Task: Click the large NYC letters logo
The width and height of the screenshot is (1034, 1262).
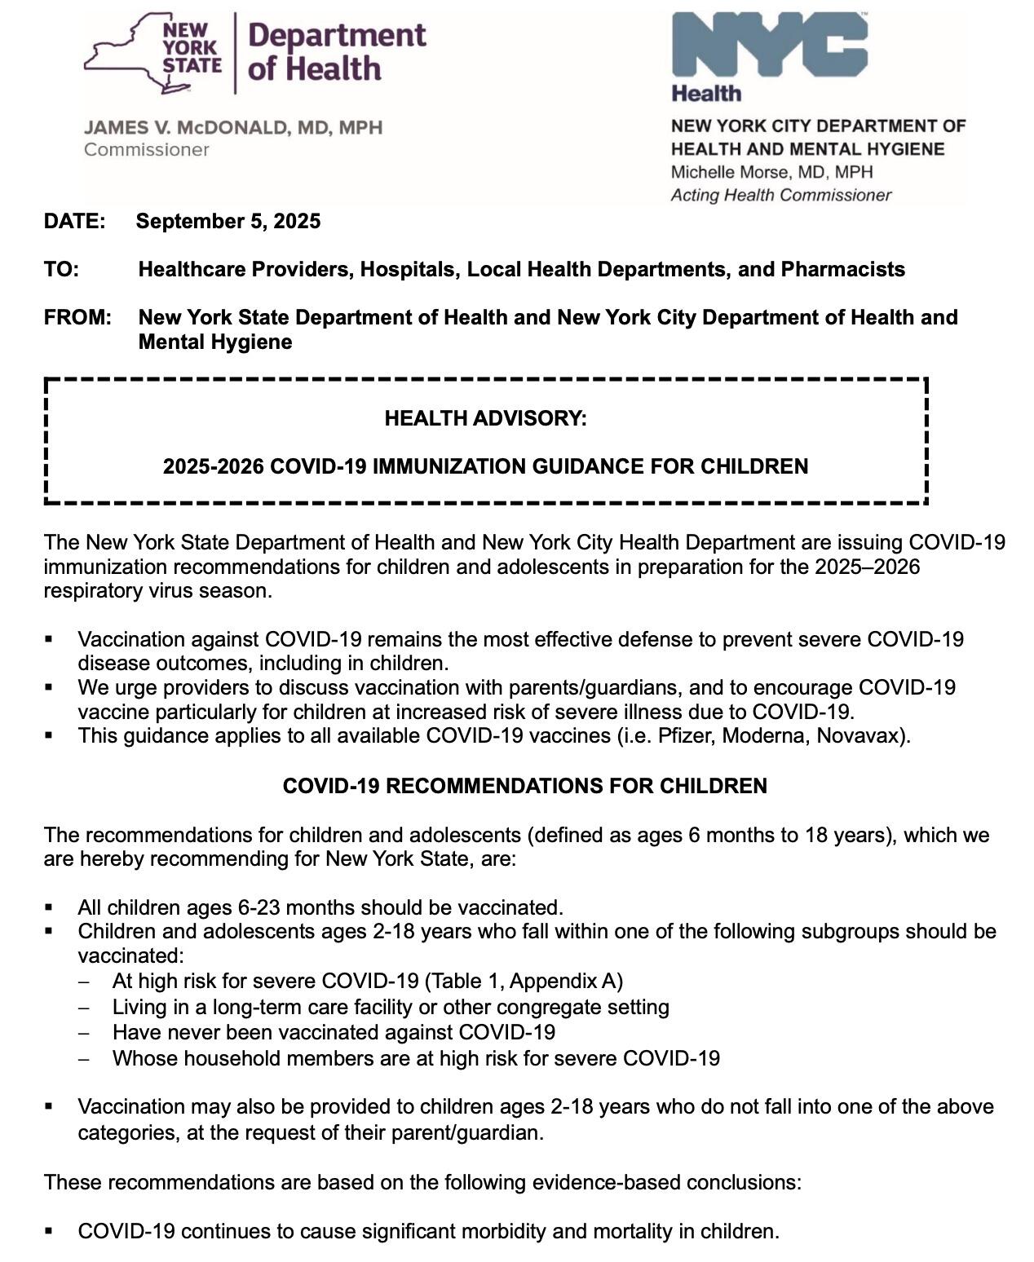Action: point(768,46)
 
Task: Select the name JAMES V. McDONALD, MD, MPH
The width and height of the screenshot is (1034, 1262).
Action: point(233,128)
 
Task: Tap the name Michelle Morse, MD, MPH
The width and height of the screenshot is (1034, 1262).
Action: point(771,172)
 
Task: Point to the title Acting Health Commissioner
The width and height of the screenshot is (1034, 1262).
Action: point(780,196)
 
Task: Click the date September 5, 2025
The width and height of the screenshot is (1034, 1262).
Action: point(228,222)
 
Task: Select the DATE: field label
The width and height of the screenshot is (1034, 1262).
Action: point(75,222)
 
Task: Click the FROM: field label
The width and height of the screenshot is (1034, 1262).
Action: point(77,317)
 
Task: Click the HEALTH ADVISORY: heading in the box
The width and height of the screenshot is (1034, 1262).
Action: point(485,418)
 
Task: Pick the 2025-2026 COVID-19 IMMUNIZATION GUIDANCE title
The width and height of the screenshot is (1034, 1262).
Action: point(485,466)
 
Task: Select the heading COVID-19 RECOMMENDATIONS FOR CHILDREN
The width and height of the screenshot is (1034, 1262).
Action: point(524,786)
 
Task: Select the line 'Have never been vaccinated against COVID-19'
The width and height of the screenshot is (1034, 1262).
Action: point(334,1032)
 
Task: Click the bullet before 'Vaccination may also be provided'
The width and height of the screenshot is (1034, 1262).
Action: point(50,1106)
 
